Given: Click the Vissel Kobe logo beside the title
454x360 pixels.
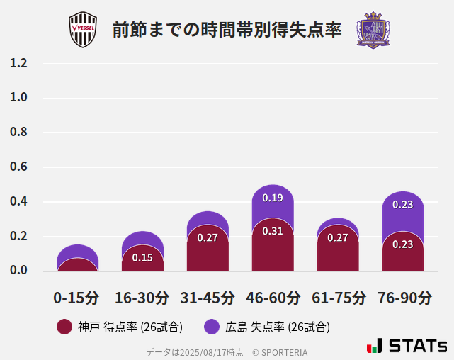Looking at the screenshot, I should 82,30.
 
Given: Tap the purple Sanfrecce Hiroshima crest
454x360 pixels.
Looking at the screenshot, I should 373,30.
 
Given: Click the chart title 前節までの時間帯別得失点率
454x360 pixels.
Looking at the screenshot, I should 227,30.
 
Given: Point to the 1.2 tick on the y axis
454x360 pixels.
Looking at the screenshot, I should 18,63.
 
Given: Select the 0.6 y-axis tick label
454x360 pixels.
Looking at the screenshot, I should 18,167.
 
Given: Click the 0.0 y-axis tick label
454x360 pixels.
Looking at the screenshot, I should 18,271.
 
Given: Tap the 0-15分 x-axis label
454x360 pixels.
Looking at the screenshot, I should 76,298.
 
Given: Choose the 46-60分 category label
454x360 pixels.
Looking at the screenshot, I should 273,298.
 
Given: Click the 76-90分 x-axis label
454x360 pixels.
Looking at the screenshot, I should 404,298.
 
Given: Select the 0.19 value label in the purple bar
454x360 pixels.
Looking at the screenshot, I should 273,198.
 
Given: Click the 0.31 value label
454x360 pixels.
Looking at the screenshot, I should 273,231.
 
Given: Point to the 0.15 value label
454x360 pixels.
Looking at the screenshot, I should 142,257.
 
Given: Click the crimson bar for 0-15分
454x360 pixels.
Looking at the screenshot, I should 77,265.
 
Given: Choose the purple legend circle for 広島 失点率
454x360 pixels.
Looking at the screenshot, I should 212,327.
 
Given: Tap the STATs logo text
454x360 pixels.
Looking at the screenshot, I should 417,347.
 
